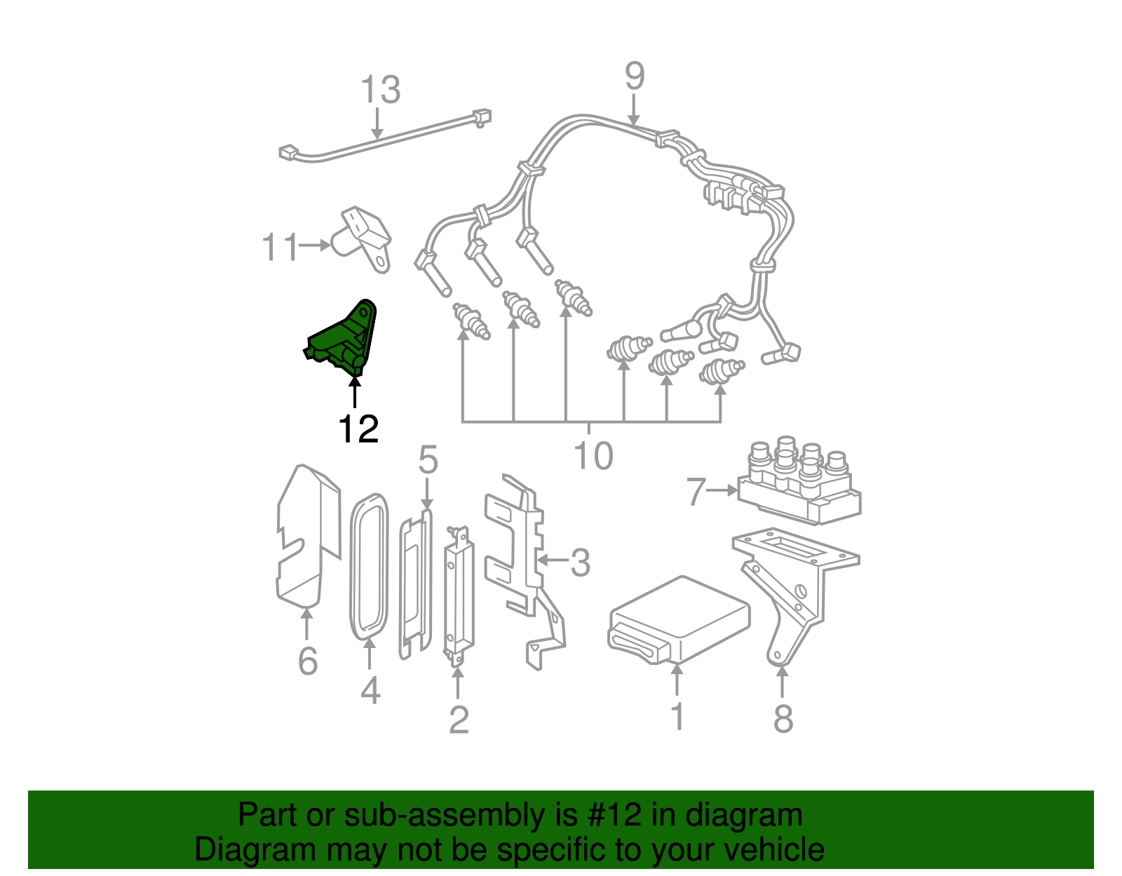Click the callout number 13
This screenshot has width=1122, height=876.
click(x=380, y=90)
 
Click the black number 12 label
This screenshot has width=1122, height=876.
click(x=358, y=429)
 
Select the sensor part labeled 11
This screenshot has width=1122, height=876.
click(x=365, y=238)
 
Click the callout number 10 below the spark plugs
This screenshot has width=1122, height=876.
click(x=593, y=456)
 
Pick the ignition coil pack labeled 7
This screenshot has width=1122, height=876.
click(x=799, y=484)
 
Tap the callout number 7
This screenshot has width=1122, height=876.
click(x=695, y=492)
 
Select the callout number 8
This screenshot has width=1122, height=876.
click(x=783, y=717)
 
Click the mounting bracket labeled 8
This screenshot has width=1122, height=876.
click(x=792, y=589)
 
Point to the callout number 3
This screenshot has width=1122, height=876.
click(x=580, y=562)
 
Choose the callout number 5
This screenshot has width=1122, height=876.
click(x=428, y=461)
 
